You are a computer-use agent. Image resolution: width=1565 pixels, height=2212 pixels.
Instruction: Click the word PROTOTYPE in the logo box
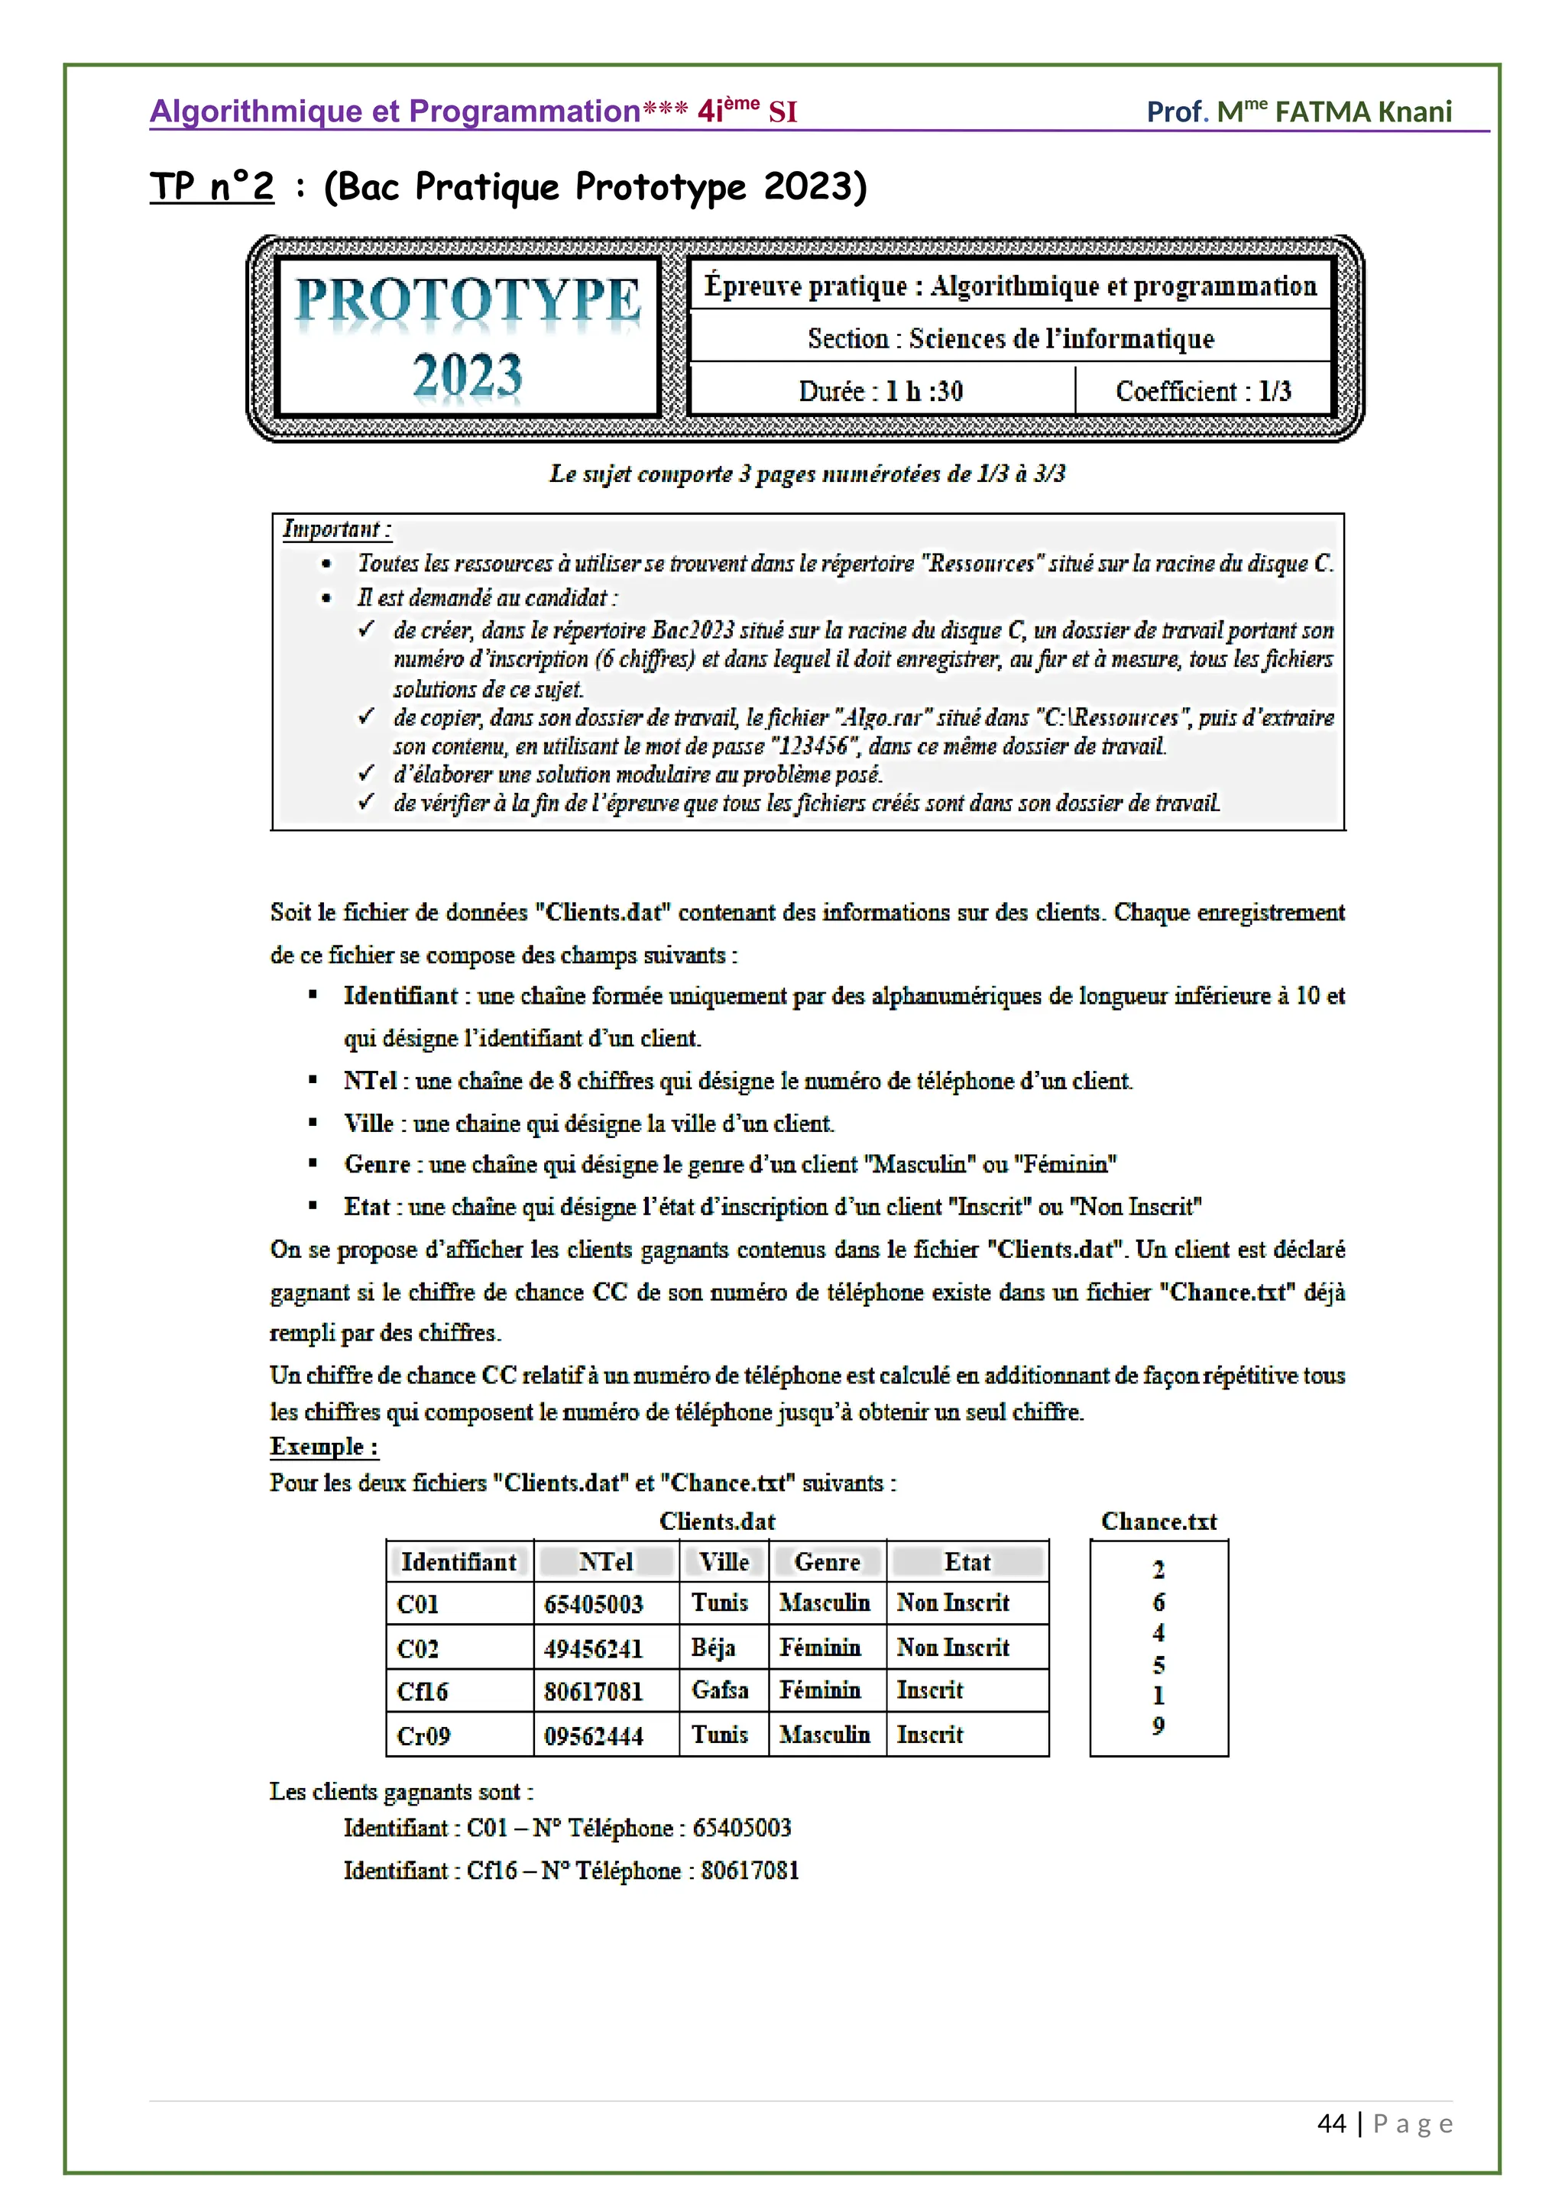(468, 301)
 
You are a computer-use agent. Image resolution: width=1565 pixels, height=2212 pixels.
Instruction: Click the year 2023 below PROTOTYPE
(468, 375)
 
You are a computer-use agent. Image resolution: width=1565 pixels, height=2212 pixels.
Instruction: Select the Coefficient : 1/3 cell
(1203, 391)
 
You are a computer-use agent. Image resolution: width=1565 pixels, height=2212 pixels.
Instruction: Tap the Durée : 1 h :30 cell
(881, 391)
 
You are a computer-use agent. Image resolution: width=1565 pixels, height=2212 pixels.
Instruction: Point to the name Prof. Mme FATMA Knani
(1298, 112)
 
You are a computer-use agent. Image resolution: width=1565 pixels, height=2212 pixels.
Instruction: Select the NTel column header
(605, 1562)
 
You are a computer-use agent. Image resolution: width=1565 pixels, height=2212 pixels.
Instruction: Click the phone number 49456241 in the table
(593, 1648)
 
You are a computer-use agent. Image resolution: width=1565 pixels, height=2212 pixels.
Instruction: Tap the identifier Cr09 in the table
(423, 1736)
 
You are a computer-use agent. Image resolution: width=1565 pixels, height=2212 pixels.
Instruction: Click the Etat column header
(967, 1562)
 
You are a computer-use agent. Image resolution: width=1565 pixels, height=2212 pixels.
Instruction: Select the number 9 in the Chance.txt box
(1158, 1725)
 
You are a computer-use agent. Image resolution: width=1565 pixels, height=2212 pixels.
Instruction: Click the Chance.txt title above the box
(1158, 1522)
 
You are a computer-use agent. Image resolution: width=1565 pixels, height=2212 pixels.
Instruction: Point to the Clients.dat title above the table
(717, 1522)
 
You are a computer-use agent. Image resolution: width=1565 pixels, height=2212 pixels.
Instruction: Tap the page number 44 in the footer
(1331, 2123)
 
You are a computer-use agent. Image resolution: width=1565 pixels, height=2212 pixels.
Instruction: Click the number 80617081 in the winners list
(750, 1870)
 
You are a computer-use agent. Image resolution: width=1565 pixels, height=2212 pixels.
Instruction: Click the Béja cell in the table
(713, 1648)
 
